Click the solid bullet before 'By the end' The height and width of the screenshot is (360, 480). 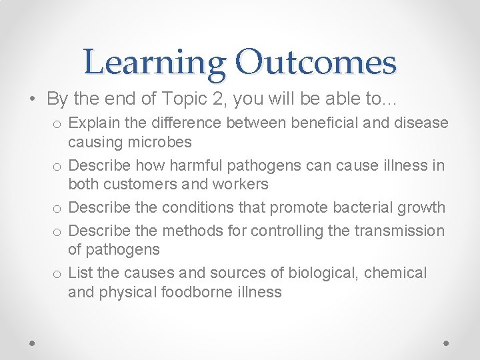[33, 99]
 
